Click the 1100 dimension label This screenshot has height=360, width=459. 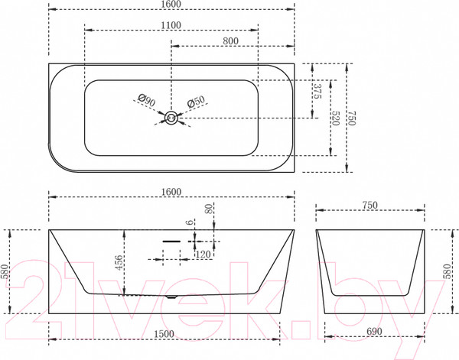tap(171, 25)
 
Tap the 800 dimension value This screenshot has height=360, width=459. tap(231, 41)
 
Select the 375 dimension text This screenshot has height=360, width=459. tap(317, 91)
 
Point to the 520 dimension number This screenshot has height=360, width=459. tap(336, 118)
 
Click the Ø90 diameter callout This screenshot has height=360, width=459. tap(147, 100)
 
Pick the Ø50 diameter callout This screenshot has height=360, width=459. tap(196, 102)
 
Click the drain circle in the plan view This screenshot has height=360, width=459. tap(171, 118)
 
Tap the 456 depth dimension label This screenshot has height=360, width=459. tap(119, 263)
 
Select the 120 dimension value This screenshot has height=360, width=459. tap(203, 255)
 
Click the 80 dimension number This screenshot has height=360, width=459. tap(209, 209)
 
